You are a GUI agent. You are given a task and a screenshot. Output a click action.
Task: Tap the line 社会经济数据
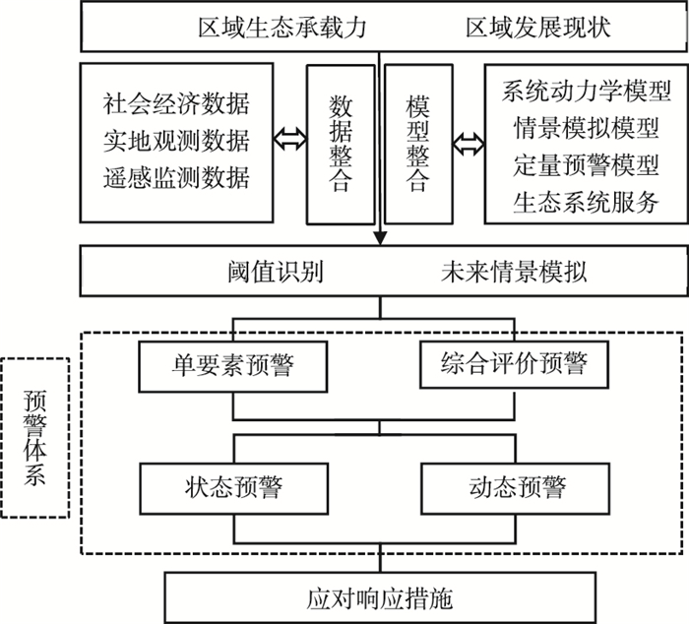(x=176, y=103)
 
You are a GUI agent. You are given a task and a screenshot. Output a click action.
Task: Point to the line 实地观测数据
(x=176, y=141)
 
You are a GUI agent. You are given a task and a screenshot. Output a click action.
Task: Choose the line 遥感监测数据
(x=176, y=178)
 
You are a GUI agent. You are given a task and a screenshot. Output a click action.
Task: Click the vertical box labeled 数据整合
(x=340, y=144)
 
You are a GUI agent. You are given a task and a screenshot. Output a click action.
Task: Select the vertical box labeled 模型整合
(x=417, y=144)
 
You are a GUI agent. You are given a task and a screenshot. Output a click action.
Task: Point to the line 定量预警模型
(x=580, y=165)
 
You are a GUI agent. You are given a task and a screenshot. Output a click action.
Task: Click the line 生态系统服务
(x=580, y=202)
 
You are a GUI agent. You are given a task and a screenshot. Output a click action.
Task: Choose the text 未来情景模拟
(x=513, y=271)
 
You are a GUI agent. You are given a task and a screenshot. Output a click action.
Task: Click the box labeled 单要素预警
(x=232, y=365)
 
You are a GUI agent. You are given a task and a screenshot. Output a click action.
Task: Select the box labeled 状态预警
(x=232, y=487)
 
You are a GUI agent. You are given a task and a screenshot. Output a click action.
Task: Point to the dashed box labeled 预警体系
(x=36, y=437)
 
